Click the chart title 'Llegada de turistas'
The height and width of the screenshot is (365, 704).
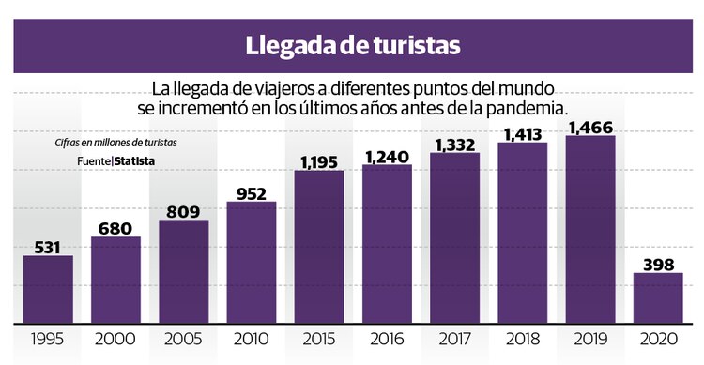[x=352, y=44]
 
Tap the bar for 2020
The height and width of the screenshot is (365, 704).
[x=657, y=298]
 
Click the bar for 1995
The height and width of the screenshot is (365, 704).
[x=48, y=289]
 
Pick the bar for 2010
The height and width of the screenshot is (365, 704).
[x=251, y=263]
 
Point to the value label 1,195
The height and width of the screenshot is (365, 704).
[x=318, y=160]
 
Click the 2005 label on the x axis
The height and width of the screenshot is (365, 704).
[x=183, y=339]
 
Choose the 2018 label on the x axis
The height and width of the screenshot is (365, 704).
[x=522, y=339]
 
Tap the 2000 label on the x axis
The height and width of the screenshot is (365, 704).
[x=115, y=339]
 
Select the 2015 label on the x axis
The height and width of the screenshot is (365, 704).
[x=318, y=339]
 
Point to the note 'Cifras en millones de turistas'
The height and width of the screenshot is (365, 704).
[x=115, y=143]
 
